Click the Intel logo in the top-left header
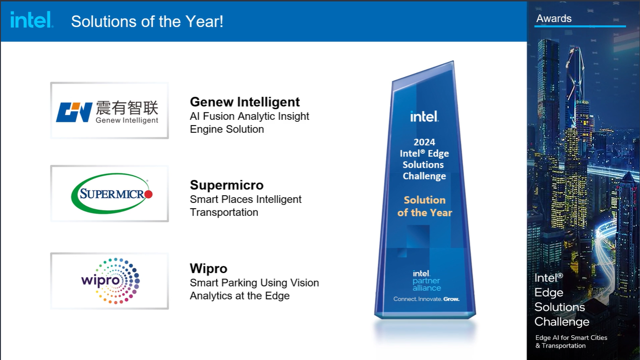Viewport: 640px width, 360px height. pyautogui.click(x=32, y=20)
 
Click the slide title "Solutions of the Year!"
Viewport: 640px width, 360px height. pyautogui.click(x=147, y=21)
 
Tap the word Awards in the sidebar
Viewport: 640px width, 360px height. pyautogui.click(x=554, y=18)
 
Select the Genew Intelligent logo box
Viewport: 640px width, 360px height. pyautogui.click(x=109, y=110)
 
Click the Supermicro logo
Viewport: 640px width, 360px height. pyautogui.click(x=112, y=193)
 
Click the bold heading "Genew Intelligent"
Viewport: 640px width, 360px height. pyautogui.click(x=245, y=102)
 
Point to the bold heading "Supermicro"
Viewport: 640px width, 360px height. pyautogui.click(x=226, y=185)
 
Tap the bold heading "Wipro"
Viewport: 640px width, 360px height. pyautogui.click(x=209, y=269)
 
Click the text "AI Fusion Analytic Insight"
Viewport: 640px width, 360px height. pyautogui.click(x=249, y=116)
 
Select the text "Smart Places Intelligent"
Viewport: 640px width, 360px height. pyautogui.click(x=245, y=200)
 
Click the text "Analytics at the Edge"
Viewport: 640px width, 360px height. pyautogui.click(x=240, y=296)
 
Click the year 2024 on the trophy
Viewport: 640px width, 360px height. pyautogui.click(x=424, y=142)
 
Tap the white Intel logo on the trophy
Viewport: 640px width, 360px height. pyautogui.click(x=424, y=116)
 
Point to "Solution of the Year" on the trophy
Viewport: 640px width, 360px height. pyautogui.click(x=425, y=206)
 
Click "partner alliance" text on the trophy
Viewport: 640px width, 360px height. pyautogui.click(x=427, y=284)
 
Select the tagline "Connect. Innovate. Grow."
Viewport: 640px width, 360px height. pyautogui.click(x=427, y=299)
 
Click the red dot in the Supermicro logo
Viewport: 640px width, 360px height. pyautogui.click(x=149, y=194)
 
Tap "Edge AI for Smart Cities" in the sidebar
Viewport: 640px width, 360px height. pyautogui.click(x=571, y=338)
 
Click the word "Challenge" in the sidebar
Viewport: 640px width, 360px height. pyautogui.click(x=562, y=322)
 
